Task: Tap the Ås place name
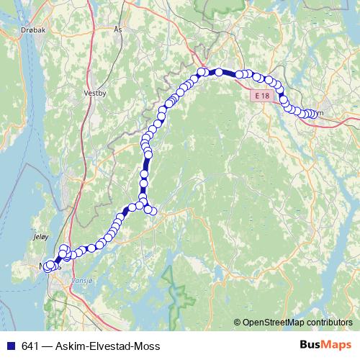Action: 119,30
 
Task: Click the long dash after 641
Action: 48,346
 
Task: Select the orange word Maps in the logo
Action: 335,346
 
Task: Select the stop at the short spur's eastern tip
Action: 153,211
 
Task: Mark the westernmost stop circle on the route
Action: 47,267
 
